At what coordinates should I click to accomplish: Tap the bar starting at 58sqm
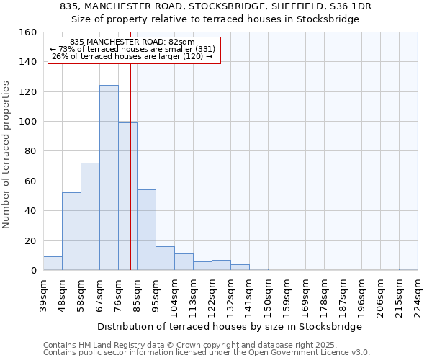coord(90,217)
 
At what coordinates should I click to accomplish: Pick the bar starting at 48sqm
coord(71,231)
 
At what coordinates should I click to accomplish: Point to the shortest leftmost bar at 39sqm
coord(53,264)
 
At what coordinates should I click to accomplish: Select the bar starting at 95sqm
coord(165,258)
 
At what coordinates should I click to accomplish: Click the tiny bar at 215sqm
coord(408,269)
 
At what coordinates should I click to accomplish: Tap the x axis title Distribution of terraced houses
coord(230,326)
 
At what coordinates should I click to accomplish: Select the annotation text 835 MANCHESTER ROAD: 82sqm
coord(132,42)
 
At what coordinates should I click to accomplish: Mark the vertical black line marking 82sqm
coord(130,166)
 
